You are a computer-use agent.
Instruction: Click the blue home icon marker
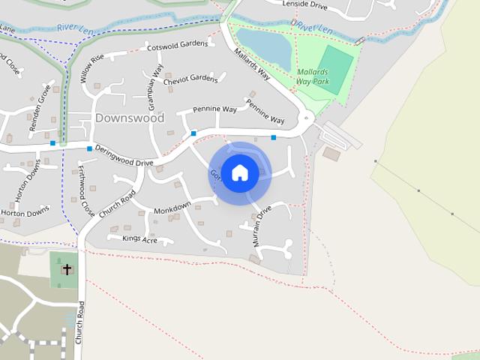coord(240,172)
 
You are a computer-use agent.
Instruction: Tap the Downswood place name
coord(130,118)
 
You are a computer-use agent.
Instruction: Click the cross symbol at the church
coord(67,268)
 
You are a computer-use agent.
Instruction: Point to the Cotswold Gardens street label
coord(177,45)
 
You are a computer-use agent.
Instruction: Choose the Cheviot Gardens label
coord(190,79)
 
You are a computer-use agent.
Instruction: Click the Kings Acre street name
coord(139,239)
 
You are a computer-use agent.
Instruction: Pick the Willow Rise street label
coord(91,68)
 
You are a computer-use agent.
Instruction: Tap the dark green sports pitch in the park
coord(334,69)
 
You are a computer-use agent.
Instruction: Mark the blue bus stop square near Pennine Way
coord(193,133)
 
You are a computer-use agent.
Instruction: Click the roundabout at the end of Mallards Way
coord(306,118)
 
